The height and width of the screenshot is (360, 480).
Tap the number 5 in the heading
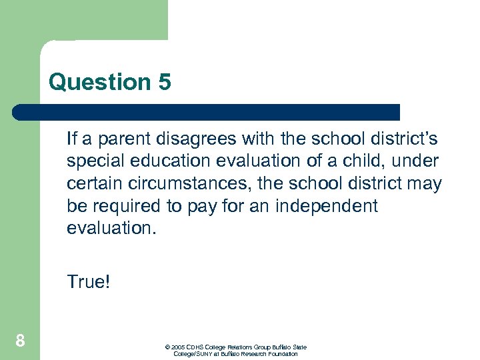pyautogui.click(x=165, y=83)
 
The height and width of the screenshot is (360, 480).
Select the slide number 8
pyautogui.click(x=20, y=341)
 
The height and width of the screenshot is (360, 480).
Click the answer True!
pyautogui.click(x=88, y=282)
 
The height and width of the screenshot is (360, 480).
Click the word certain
pyautogui.click(x=93, y=184)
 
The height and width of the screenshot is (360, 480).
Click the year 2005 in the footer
pyautogui.click(x=177, y=347)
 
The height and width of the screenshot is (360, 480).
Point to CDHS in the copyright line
pyautogui.click(x=195, y=347)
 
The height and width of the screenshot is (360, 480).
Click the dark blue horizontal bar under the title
pyautogui.click(x=207, y=112)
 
